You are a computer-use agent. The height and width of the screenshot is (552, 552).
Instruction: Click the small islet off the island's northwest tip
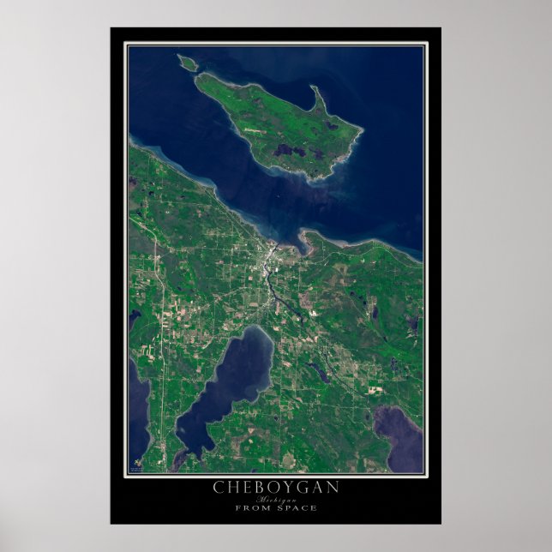coord(186,62)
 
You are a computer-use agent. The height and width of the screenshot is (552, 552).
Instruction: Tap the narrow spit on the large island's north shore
coord(318,101)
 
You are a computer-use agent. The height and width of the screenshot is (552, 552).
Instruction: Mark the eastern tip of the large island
coord(360,131)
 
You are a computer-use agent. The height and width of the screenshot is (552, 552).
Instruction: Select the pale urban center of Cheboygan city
coord(268,255)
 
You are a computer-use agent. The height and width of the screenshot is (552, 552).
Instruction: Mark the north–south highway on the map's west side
coord(158,343)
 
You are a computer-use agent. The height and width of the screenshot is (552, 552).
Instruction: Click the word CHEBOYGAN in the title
coord(276,487)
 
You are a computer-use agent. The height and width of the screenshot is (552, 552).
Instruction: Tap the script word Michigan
coord(276,498)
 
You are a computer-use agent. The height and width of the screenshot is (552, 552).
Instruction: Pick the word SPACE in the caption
coord(297,507)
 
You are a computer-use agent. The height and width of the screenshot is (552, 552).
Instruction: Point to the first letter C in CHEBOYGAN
coord(219,487)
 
